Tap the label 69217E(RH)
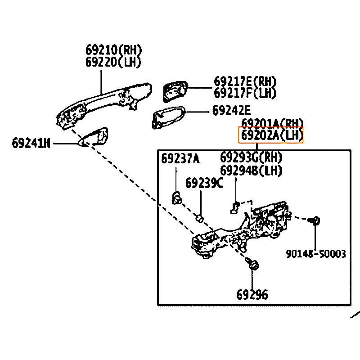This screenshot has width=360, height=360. pos(245,81)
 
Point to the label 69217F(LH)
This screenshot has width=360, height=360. pos(245,93)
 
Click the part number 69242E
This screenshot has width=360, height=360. pos(231,111)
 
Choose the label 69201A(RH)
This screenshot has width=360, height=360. pos(272,123)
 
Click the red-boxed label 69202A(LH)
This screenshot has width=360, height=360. pos(271,135)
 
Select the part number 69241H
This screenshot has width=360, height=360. pos(31,144)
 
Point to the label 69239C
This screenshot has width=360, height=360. pos(204,183)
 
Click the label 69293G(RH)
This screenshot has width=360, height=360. pos(251,158)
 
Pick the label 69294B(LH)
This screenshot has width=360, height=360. pos(251,170)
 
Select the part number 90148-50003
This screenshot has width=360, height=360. pos(316,254)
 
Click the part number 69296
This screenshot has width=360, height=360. pos(252,295)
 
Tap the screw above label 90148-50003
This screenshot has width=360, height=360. pos(315,220)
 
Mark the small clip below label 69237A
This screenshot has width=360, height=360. pos(177,196)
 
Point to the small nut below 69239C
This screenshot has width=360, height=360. pos(200,218)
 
